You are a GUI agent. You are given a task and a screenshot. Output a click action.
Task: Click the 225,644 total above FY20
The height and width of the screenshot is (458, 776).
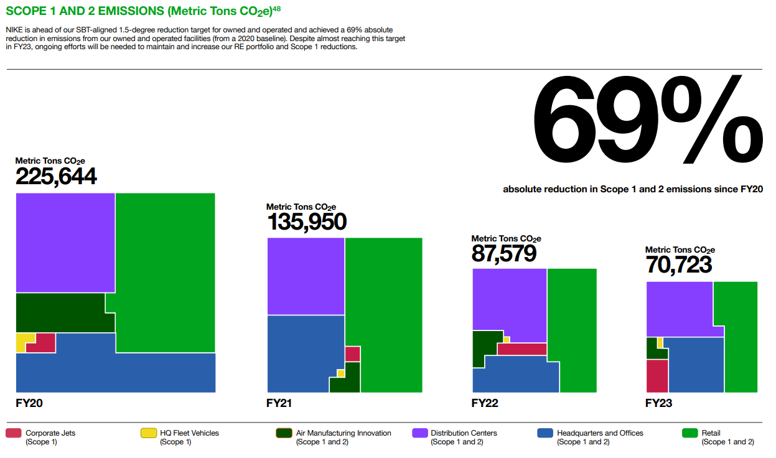56,177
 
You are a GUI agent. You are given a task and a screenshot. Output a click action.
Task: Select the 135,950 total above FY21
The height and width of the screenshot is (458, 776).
306,222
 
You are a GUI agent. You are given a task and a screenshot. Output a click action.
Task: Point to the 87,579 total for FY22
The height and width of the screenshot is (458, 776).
503,253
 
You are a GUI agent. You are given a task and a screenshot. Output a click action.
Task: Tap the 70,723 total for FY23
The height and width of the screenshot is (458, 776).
678,264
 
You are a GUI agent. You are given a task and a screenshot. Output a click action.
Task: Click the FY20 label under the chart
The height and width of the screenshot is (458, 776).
29,403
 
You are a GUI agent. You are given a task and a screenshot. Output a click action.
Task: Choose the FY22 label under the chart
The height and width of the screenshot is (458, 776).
485,403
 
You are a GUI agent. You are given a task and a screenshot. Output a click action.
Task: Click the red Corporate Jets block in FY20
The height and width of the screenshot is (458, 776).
44,344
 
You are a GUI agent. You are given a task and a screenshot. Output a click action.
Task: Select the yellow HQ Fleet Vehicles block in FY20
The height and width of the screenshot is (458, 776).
22,342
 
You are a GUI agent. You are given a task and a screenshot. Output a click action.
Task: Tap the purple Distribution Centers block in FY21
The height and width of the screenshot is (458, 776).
306,276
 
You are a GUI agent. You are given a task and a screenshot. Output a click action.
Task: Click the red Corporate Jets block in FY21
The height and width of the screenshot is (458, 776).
352,353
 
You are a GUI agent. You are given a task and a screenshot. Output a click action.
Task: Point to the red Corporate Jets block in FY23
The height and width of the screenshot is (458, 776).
657,376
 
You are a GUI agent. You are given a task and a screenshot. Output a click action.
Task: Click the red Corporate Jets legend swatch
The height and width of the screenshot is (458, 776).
14,433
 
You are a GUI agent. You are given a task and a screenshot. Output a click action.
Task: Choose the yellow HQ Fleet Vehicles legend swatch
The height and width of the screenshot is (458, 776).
148,433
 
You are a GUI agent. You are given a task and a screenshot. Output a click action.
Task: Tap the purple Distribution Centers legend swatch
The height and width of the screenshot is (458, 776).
419,433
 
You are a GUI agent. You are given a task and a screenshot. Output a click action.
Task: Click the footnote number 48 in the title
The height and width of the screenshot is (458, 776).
276,8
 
